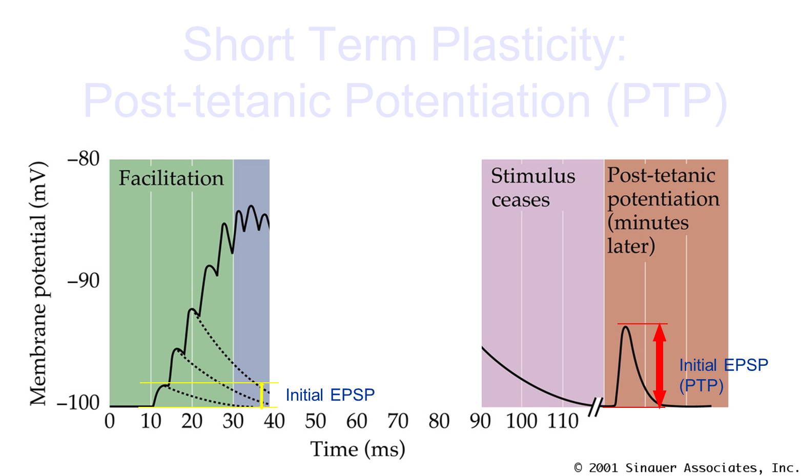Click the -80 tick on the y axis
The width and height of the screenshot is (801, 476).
(x=84, y=159)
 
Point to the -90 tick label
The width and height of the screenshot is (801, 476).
(x=84, y=281)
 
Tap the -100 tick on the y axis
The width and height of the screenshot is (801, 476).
(x=78, y=403)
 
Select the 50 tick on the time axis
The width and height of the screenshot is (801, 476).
(x=315, y=421)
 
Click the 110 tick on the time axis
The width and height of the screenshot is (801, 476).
(x=563, y=421)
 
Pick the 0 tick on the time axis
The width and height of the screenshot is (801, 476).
(x=110, y=421)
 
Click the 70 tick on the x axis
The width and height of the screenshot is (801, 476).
(x=398, y=421)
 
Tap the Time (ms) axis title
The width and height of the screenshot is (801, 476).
(x=358, y=449)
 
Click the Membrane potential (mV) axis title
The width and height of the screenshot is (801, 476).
(x=38, y=283)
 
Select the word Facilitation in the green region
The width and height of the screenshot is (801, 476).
(x=171, y=178)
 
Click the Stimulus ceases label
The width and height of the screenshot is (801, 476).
(x=533, y=188)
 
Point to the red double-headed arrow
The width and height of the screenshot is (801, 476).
(x=660, y=365)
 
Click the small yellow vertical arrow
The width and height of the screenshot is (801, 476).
(x=262, y=395)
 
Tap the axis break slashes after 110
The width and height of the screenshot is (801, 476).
(x=595, y=407)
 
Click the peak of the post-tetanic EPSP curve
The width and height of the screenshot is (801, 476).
(x=625, y=327)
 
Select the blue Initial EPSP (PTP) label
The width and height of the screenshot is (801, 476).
(x=724, y=376)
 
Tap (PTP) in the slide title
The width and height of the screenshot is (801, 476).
(x=667, y=101)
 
